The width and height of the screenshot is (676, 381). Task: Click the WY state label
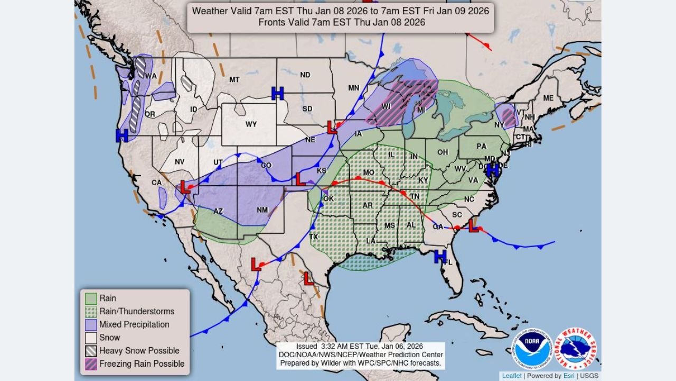click(x=251, y=124)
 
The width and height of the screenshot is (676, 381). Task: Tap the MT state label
click(x=234, y=80)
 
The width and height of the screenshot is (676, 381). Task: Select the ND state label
click(x=305, y=75)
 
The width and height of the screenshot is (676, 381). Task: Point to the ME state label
click(x=548, y=98)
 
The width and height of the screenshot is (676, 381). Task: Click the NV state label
click(x=180, y=162)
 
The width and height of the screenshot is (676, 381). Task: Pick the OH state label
click(x=443, y=152)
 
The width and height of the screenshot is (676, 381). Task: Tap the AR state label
click(x=368, y=205)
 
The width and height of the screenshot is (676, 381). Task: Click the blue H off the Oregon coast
click(x=122, y=135)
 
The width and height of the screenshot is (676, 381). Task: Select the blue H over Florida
click(x=440, y=257)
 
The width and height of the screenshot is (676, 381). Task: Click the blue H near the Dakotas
click(x=278, y=93)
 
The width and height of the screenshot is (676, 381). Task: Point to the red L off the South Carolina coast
click(x=474, y=226)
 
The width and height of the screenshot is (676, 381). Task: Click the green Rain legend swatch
click(x=91, y=298)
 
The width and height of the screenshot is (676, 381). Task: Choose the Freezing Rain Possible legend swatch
click(x=91, y=364)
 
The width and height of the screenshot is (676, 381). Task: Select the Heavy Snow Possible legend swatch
click(x=91, y=351)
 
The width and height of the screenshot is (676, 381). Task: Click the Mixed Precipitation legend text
click(x=134, y=324)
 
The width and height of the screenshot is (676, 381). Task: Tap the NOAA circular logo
click(x=531, y=349)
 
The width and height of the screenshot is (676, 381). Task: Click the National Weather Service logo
click(x=576, y=349)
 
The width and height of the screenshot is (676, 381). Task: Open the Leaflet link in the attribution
click(x=512, y=376)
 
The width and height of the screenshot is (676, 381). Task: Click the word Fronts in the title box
click(x=270, y=22)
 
